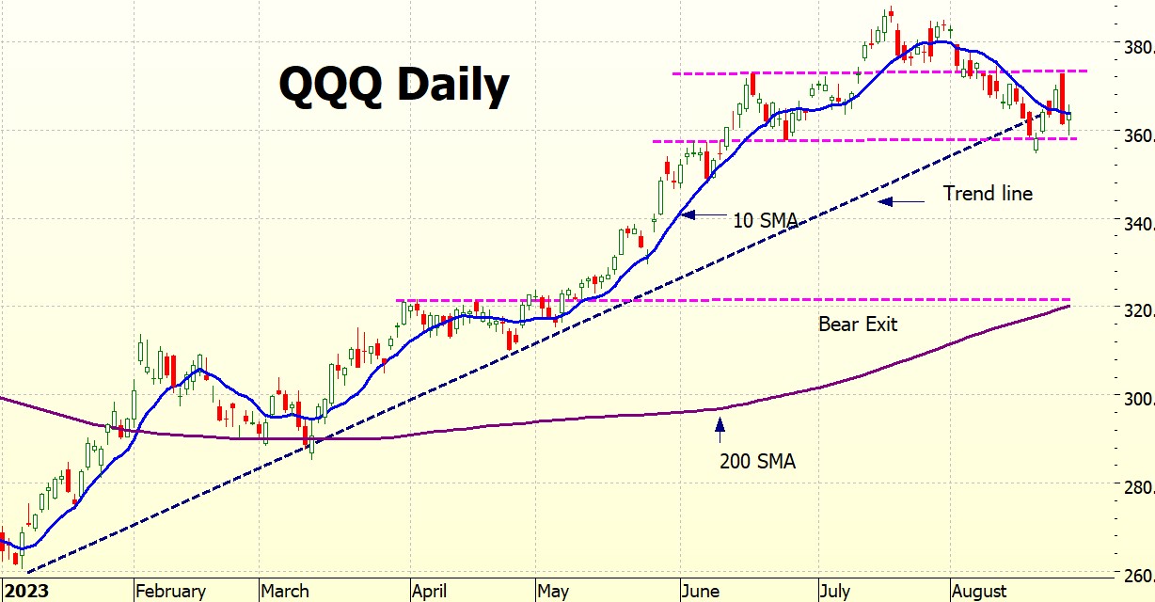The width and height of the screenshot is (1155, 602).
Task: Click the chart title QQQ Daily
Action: (x=393, y=86)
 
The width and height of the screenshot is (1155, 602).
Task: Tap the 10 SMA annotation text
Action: (x=766, y=221)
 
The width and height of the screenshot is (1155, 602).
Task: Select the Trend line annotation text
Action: (x=988, y=194)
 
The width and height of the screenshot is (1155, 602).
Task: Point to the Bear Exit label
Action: (x=857, y=325)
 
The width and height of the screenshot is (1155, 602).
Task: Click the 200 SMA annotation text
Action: (x=757, y=461)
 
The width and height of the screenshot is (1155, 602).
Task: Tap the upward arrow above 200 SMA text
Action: (x=720, y=429)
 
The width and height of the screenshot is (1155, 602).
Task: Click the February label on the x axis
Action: (x=170, y=591)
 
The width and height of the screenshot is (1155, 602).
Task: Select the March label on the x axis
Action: (x=284, y=591)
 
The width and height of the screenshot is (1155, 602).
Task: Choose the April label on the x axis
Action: (x=430, y=591)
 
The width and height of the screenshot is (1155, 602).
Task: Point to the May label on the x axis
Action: (x=552, y=591)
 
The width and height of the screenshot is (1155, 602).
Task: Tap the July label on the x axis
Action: (x=834, y=591)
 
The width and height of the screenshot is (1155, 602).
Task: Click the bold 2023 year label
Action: (x=25, y=591)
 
